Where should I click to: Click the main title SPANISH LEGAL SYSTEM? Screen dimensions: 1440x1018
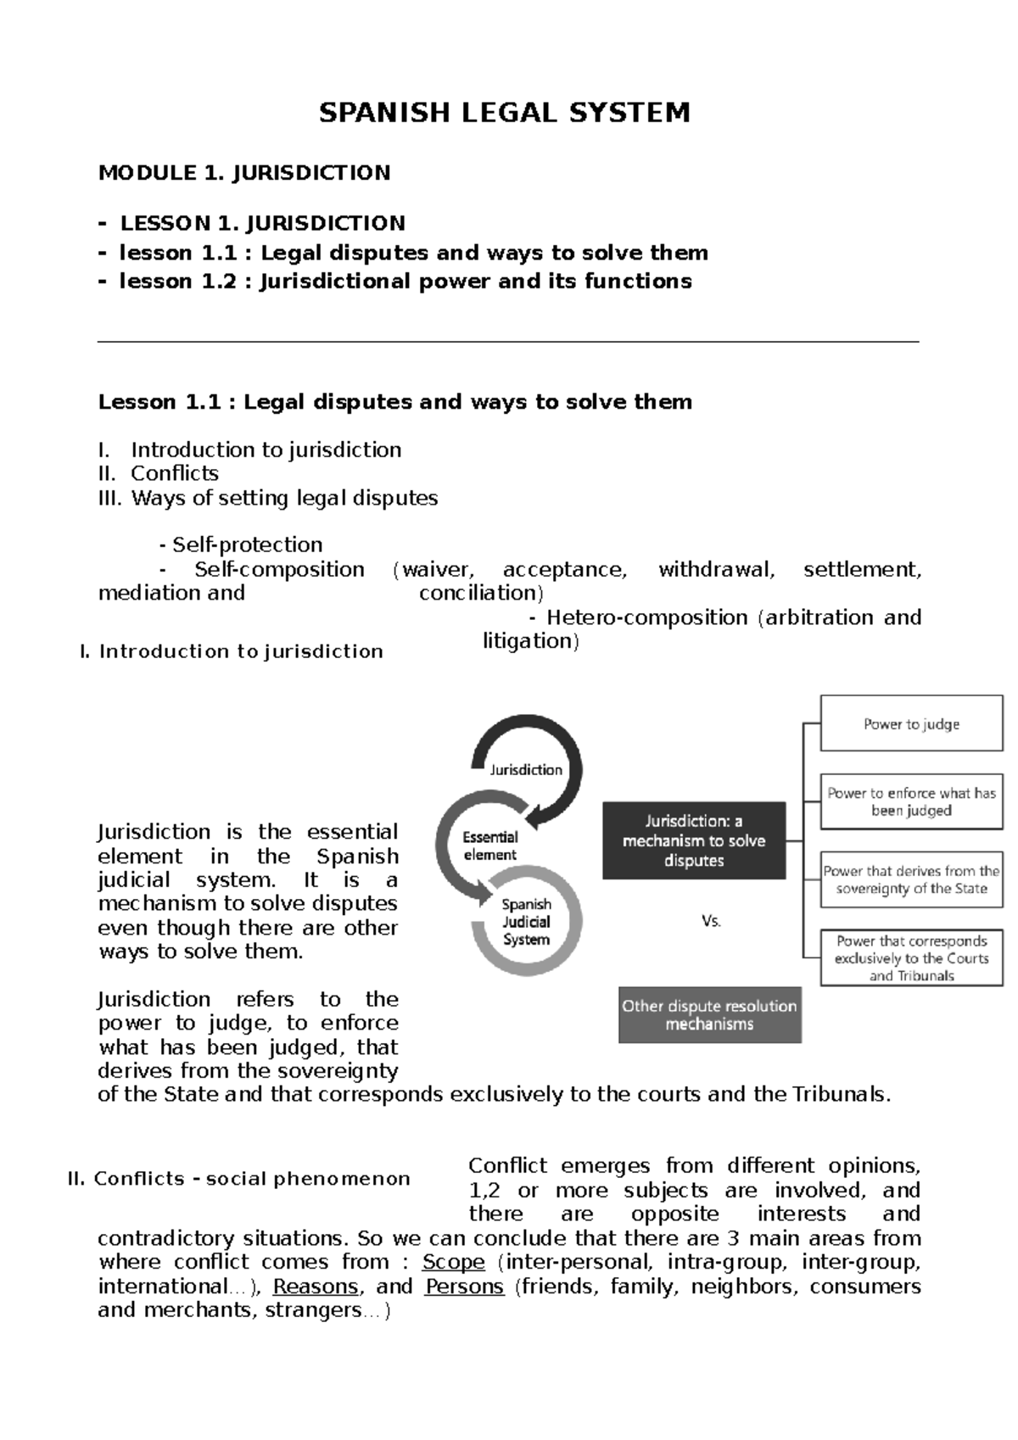pos(504,113)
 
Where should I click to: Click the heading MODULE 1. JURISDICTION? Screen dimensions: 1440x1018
pos(244,173)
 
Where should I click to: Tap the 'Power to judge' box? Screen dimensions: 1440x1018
pos(911,723)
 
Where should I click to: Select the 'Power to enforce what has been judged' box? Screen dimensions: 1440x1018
pos(911,801)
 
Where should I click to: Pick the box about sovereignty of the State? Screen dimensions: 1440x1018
pos(911,879)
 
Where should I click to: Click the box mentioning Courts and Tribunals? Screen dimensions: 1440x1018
pos(911,958)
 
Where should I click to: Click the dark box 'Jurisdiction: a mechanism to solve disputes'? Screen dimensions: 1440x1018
pos(694,840)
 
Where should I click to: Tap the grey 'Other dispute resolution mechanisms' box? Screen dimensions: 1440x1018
pos(709,1014)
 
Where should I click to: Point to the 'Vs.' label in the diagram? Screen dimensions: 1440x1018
pos(711,921)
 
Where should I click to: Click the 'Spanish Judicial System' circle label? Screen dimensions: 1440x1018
pos(526,922)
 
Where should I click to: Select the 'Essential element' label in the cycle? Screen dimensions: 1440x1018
pos(489,846)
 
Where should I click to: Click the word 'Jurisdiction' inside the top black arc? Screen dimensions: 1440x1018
pos(526,770)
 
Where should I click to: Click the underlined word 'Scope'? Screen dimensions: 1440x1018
pos(453,1262)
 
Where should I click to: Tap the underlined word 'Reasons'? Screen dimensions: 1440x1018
pos(316,1287)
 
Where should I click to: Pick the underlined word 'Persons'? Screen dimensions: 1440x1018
pos(464,1287)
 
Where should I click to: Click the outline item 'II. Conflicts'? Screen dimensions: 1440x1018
pos(159,473)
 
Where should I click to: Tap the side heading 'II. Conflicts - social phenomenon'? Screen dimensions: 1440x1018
pos(238,1179)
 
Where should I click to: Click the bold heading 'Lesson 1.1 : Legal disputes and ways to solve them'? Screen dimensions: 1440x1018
pos(394,402)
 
